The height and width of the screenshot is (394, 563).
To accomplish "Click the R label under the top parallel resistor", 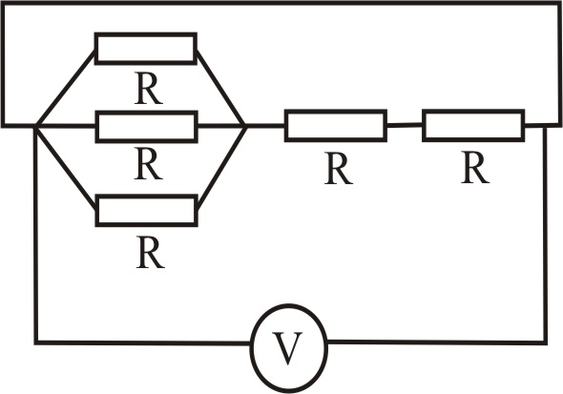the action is [x=149, y=89].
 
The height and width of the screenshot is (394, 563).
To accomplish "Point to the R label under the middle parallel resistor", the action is [x=148, y=164].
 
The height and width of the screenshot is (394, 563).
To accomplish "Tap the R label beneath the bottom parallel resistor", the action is [x=151, y=253].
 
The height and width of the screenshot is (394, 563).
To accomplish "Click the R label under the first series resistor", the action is [x=338, y=169].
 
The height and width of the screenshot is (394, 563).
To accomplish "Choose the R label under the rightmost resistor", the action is [x=475, y=168].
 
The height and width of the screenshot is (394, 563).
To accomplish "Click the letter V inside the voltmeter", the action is [x=287, y=348].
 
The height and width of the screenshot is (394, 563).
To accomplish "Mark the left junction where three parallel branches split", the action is [x=36, y=126].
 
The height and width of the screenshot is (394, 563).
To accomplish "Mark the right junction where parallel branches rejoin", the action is [x=245, y=126].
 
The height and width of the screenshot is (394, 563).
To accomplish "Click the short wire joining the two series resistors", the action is [x=405, y=125].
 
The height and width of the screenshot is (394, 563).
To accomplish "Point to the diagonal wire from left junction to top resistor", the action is [x=65, y=89].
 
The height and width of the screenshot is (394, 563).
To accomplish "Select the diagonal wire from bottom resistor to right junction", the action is [x=221, y=168].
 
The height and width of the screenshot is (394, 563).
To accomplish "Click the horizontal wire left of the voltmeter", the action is [x=143, y=342].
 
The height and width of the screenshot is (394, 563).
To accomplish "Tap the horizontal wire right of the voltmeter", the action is [x=437, y=342].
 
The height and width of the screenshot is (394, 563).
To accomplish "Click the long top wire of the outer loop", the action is [x=281, y=3].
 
